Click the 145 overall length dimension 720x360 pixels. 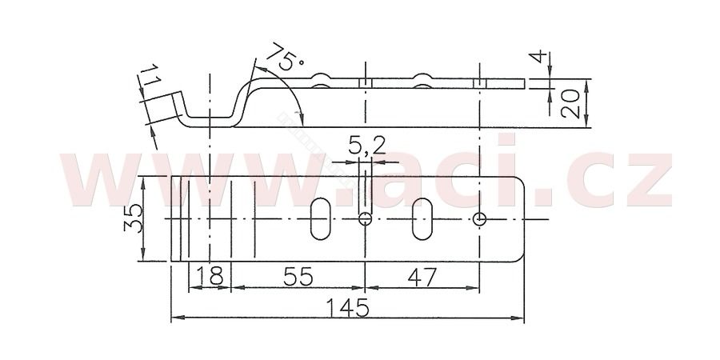[348, 307]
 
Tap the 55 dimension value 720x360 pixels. [298, 277]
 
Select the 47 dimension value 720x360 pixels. [422, 277]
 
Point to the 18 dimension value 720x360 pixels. [210, 277]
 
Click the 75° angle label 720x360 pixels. [285, 57]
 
